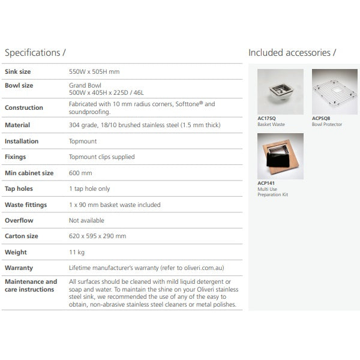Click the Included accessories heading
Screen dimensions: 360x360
pyautogui.click(x=292, y=53)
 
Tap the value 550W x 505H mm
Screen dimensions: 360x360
pyautogui.click(x=94, y=71)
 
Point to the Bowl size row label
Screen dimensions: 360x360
pyautogui.click(x=19, y=85)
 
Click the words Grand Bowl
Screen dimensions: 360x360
pyautogui.click(x=85, y=85)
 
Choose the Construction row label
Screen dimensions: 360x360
pyautogui.click(x=24, y=108)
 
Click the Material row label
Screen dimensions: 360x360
pyautogui.click(x=17, y=125)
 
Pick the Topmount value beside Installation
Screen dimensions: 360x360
pyautogui.click(x=83, y=141)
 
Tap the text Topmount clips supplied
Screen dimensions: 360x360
pyautogui.click(x=102, y=157)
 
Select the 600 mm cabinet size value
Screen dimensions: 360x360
pyautogui.click(x=81, y=173)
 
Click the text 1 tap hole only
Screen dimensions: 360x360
pyautogui.click(x=89, y=188)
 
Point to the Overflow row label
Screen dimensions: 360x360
pyautogui.click(x=19, y=220)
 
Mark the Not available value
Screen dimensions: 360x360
pyautogui.click(x=86, y=220)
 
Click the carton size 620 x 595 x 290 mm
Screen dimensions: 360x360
pyautogui.click(x=98, y=236)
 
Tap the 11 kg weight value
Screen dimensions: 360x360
pyautogui.click(x=77, y=252)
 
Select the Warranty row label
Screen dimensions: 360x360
pyautogui.click(x=19, y=268)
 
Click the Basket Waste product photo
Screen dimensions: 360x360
pyautogui.click(x=280, y=92)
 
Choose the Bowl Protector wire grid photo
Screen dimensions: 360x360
pyautogui.click(x=334, y=92)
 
